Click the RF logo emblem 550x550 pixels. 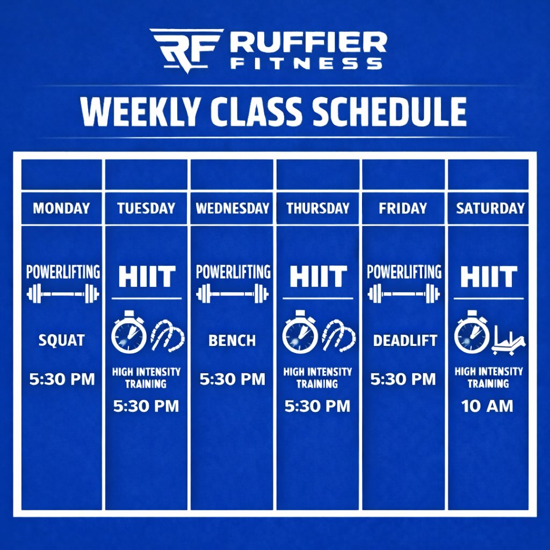(x=186, y=49)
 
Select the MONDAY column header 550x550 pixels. (x=61, y=208)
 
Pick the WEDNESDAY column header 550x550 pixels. (x=232, y=208)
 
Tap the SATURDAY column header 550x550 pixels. (x=490, y=208)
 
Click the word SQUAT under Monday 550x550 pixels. (x=61, y=340)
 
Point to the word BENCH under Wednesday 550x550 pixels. (x=232, y=341)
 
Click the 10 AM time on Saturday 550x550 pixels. (x=487, y=407)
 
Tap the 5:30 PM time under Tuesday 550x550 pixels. (x=146, y=407)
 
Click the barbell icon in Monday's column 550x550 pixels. (x=63, y=294)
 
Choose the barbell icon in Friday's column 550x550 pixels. (x=404, y=294)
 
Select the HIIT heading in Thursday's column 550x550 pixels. (x=318, y=277)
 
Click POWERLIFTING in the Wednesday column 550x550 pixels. (x=233, y=272)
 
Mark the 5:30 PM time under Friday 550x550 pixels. (x=403, y=380)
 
